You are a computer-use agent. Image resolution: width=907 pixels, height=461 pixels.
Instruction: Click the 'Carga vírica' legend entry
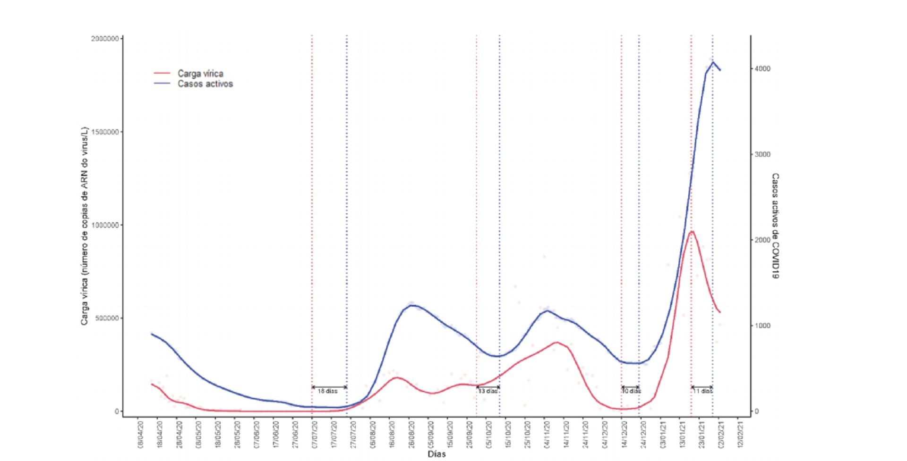tap(200, 74)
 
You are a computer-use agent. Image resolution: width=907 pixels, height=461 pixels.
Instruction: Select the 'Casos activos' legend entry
tap(205, 84)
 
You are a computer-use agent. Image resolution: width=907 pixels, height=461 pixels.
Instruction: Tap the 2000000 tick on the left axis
tap(105, 39)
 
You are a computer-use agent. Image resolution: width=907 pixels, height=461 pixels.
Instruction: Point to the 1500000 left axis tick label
tap(105, 132)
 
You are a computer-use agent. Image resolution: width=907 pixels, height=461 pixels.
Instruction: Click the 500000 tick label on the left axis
tap(107, 319)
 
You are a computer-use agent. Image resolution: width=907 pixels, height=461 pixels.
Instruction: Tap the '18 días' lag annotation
tap(327, 392)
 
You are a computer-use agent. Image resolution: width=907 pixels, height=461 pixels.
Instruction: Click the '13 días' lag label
tap(488, 392)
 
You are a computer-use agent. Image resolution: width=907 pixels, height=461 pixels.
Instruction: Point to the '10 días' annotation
tap(631, 392)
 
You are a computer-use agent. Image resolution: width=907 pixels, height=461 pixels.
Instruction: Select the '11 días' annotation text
tap(702, 392)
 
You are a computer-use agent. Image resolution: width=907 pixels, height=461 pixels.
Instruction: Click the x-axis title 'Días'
tap(436, 454)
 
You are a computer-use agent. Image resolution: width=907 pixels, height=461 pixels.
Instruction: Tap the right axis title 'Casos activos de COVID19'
tap(775, 226)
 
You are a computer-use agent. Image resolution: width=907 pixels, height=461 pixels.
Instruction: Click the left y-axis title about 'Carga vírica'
tap(85, 226)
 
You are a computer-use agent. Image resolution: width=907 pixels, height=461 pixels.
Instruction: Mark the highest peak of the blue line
tap(713, 62)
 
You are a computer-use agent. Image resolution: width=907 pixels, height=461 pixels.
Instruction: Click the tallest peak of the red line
tap(692, 232)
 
